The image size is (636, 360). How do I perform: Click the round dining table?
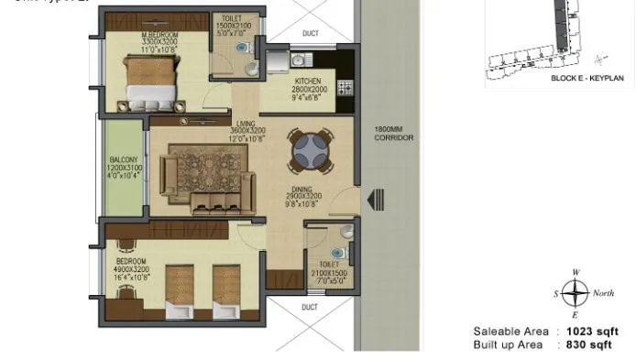click(x=309, y=151)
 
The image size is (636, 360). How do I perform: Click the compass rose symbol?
click(x=575, y=293)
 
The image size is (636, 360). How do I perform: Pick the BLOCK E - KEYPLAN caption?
click(x=587, y=80)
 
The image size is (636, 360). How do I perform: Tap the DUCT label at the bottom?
click(x=309, y=307)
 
